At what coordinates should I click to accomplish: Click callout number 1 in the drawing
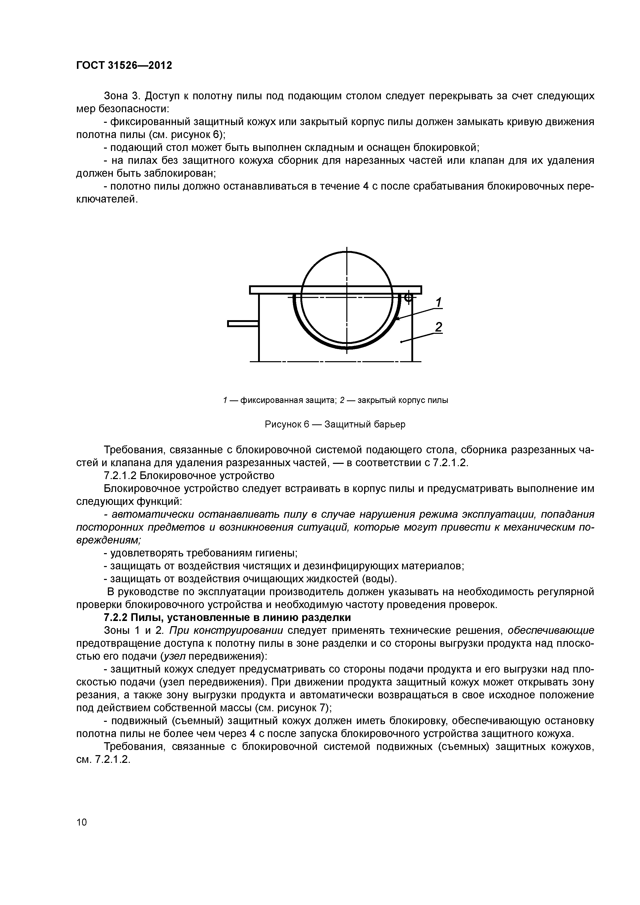pyautogui.click(x=438, y=303)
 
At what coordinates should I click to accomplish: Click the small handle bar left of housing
pyautogui.click(x=243, y=324)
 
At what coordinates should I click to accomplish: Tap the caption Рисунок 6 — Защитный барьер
pyautogui.click(x=335, y=425)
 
